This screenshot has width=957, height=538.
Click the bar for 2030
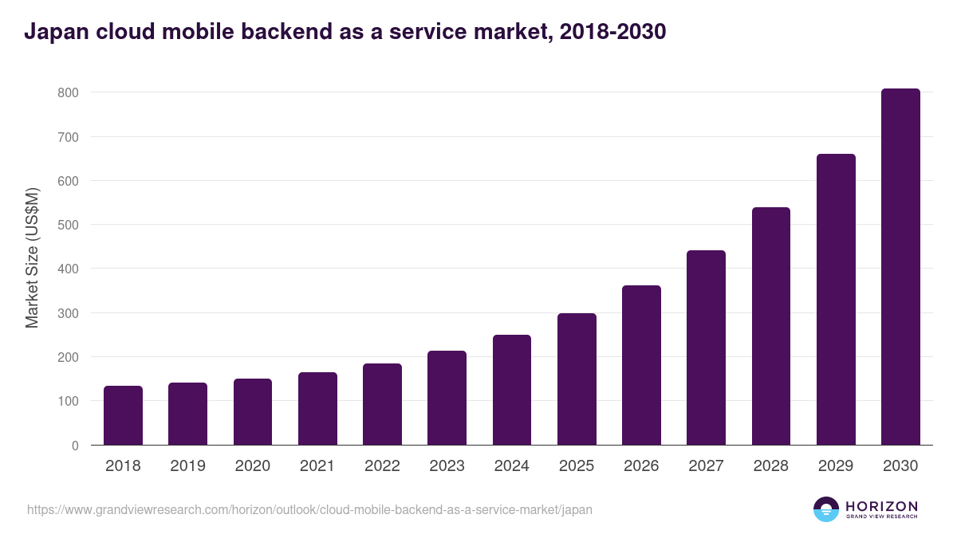click(x=900, y=267)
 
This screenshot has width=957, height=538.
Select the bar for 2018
click(x=123, y=415)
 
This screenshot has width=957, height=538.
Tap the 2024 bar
click(x=512, y=390)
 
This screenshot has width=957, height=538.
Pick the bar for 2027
click(x=706, y=348)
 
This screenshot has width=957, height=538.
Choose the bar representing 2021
click(x=317, y=408)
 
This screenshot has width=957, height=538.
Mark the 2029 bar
click(x=836, y=300)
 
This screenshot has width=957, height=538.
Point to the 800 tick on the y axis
click(x=68, y=92)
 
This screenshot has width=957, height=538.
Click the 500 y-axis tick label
click(x=68, y=225)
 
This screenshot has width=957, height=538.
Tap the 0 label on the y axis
click(x=75, y=446)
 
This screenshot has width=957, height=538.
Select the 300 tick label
click(x=68, y=313)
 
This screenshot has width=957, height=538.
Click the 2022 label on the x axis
click(x=382, y=466)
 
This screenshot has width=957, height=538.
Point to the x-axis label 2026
click(x=641, y=466)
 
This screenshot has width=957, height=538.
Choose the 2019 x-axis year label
click(x=187, y=466)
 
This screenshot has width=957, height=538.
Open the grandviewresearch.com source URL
click(x=309, y=509)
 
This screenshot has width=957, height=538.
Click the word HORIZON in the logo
click(x=881, y=506)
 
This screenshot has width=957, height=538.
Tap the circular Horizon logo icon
click(x=826, y=509)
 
